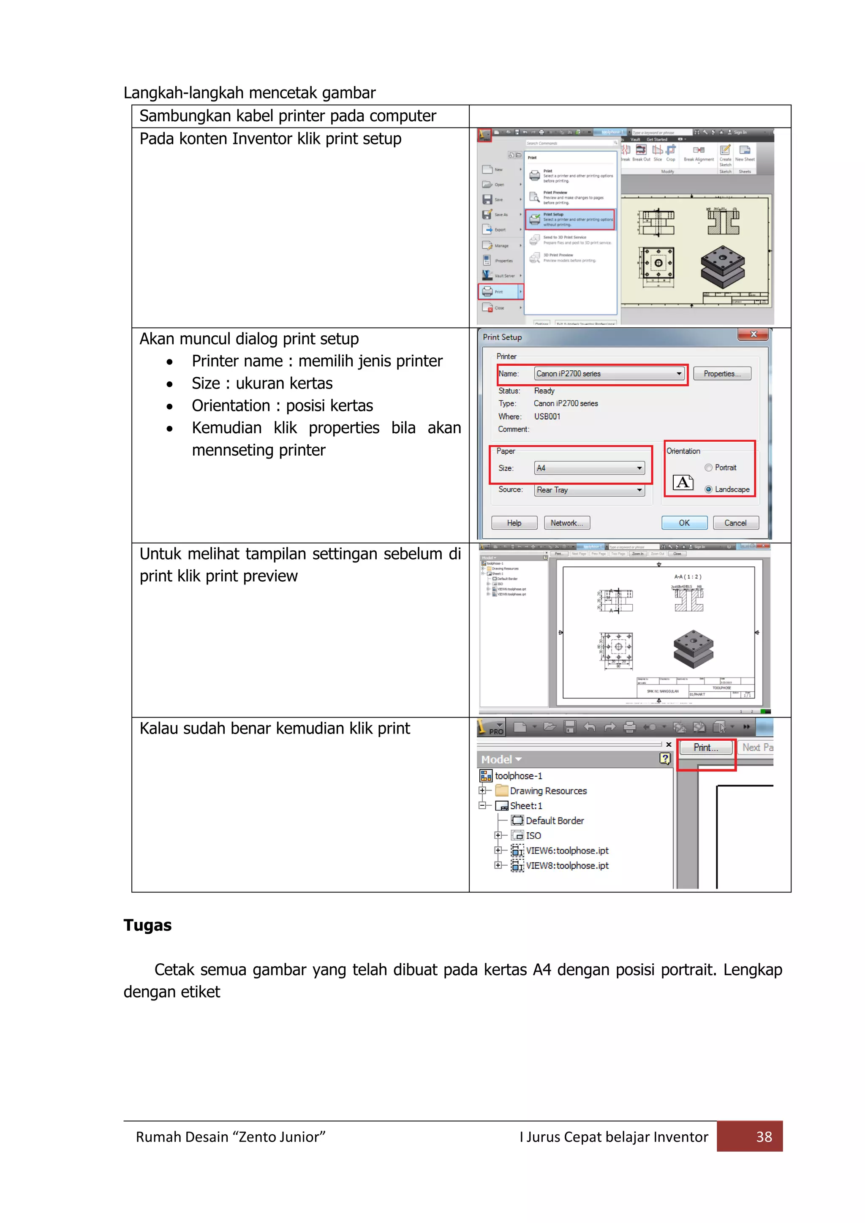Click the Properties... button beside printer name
(721, 373)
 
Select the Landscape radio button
(708, 489)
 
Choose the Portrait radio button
(708, 467)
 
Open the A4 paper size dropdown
(639, 467)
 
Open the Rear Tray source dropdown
(639, 489)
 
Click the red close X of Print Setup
(753, 334)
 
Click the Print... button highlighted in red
(705, 747)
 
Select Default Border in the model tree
(555, 820)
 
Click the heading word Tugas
(147, 925)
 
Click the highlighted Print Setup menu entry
(570, 219)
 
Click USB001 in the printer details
(547, 416)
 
